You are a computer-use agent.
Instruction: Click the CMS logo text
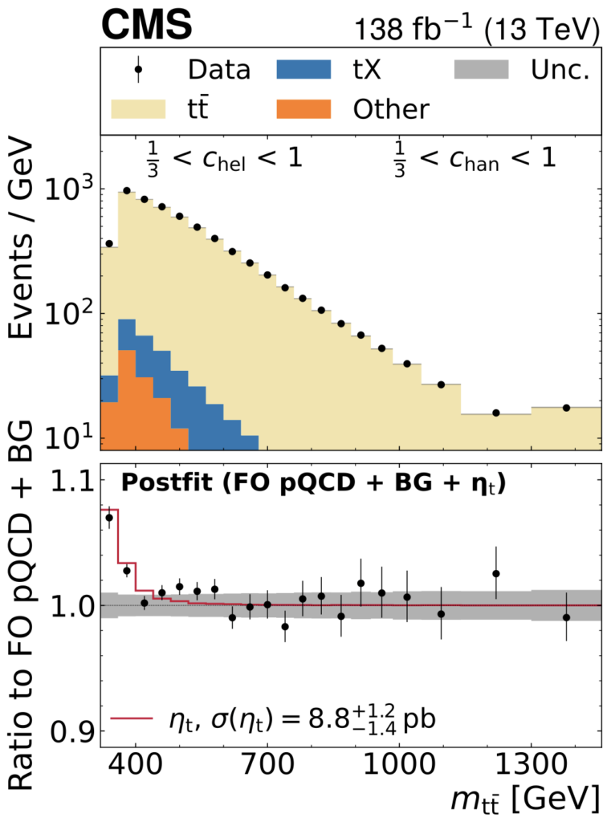pos(146,26)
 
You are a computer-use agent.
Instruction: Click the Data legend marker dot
pos(138,70)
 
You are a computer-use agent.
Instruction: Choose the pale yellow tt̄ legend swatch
pos(137,108)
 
